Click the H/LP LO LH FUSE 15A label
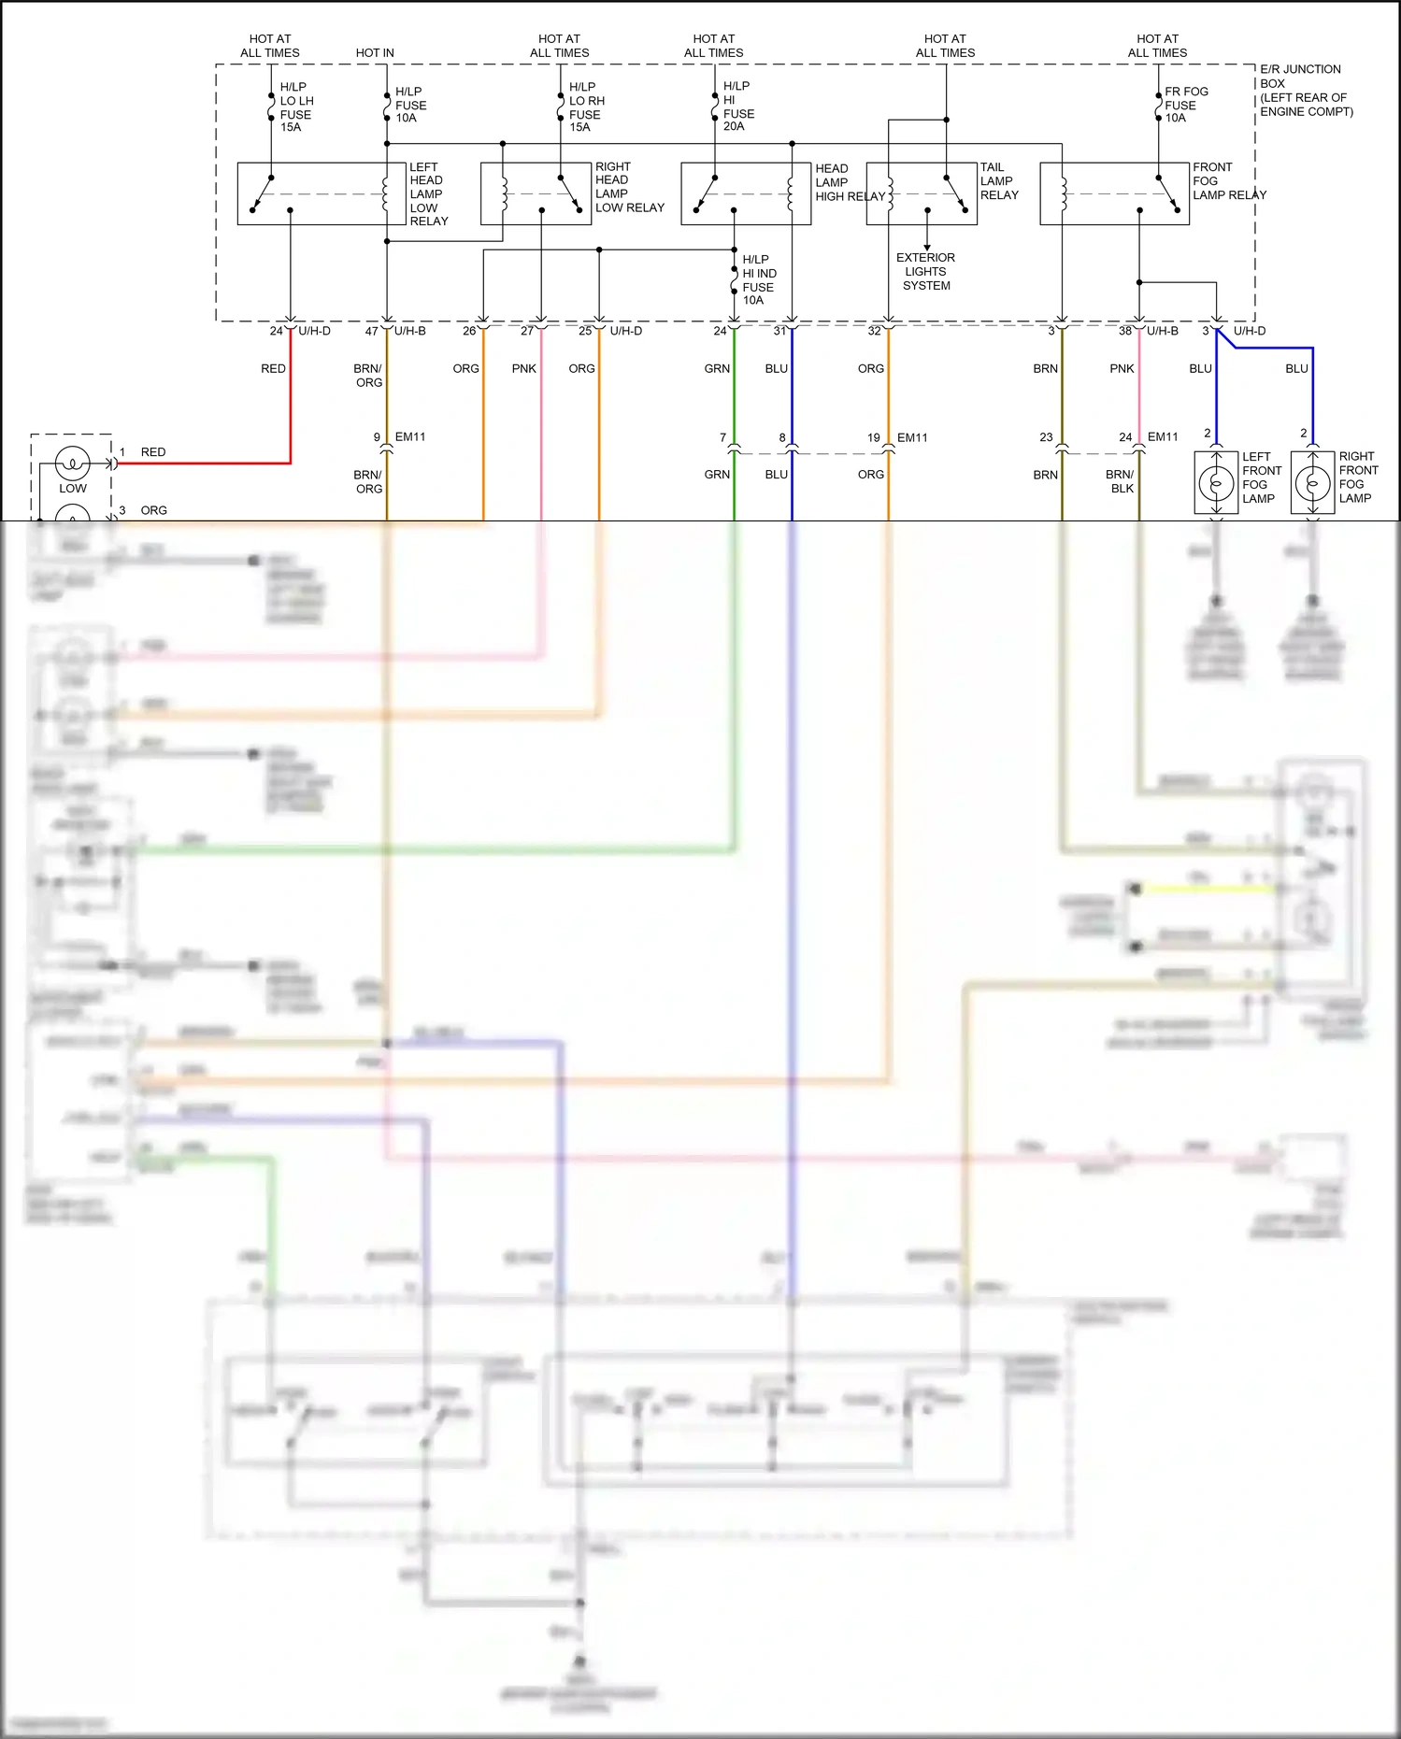tap(295, 107)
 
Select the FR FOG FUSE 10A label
tap(1185, 105)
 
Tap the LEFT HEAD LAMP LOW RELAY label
tap(428, 194)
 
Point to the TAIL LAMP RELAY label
tap(998, 181)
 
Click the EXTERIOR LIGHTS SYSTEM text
tap(925, 272)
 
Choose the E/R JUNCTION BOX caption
tap(1305, 90)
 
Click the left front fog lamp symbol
tap(1216, 483)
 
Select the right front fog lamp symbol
tap(1312, 483)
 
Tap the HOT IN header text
tap(375, 53)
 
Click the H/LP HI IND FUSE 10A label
tap(758, 279)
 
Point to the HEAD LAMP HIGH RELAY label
tap(848, 182)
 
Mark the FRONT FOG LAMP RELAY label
tap(1227, 181)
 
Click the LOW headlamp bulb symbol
tap(73, 463)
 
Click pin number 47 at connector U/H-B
tap(371, 332)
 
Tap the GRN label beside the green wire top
tap(717, 369)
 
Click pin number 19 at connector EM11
tap(873, 437)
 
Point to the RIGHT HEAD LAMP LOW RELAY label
tap(629, 187)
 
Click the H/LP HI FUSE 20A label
tap(737, 106)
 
